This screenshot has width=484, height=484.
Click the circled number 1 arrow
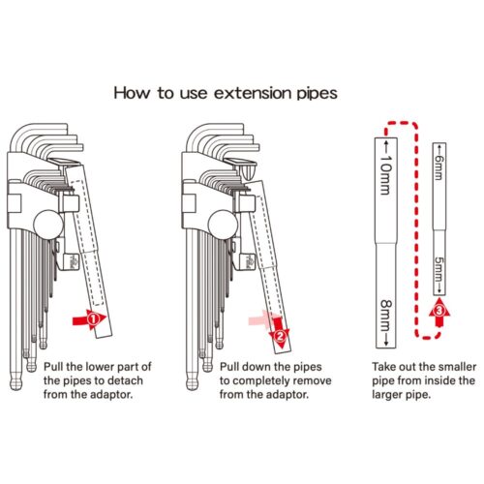point(90,319)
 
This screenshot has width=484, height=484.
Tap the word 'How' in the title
point(132,93)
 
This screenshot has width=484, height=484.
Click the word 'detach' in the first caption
point(125,380)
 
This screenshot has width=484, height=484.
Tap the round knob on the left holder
point(48,225)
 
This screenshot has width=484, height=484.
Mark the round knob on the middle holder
point(223,225)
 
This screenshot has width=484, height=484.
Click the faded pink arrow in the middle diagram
point(261,320)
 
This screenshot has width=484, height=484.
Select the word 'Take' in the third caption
point(384,367)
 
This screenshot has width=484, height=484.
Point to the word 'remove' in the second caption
point(312,380)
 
